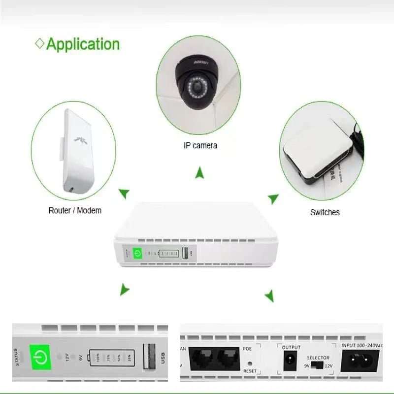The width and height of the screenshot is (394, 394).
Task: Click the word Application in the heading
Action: tap(83, 44)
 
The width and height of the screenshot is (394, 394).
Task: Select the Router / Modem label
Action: tap(75, 210)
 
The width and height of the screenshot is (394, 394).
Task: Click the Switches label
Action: tap(325, 212)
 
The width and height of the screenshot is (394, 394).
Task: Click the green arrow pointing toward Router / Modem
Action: tap(125, 193)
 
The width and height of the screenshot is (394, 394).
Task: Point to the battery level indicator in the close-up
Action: tap(111, 357)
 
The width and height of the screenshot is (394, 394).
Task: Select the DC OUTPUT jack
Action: tap(290, 361)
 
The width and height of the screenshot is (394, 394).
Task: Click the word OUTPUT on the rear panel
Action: tap(291, 347)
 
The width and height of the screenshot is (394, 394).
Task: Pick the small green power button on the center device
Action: tap(138, 254)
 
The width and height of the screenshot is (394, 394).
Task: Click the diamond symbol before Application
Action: tap(40, 43)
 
